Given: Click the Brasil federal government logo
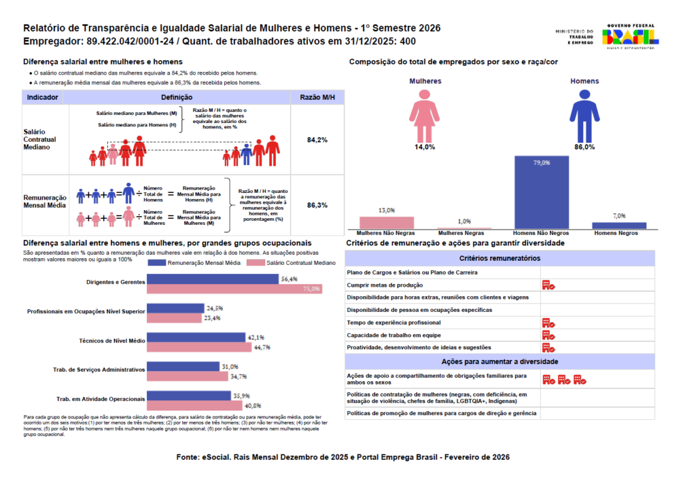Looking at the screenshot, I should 630,36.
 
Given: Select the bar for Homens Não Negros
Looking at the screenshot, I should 541,193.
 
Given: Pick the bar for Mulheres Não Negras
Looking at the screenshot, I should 386,222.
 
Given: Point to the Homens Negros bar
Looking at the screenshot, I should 619,226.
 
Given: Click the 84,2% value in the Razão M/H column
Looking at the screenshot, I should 317,140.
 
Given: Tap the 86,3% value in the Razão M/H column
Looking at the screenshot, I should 317,206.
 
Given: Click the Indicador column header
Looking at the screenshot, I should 43,97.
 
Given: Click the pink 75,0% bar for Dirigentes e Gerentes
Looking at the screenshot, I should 234,289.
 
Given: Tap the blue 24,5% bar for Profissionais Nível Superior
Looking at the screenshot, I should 176,309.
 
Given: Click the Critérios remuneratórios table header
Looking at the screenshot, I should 500,258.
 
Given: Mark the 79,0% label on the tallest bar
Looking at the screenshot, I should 541,162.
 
